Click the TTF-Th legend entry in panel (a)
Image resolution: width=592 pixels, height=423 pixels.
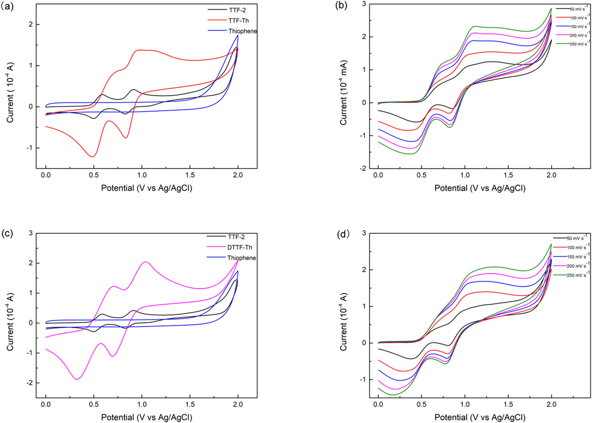[238, 20]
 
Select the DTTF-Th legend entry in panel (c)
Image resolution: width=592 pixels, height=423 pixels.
[239, 247]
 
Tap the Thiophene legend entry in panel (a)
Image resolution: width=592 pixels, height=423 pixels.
[242, 31]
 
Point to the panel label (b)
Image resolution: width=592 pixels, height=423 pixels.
[341, 6]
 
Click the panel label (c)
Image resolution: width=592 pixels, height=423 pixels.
[7, 233]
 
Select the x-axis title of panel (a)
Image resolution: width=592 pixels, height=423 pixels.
[147, 188]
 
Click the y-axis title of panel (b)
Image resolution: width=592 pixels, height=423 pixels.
[343, 93]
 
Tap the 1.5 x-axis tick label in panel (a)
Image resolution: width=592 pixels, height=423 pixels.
[190, 175]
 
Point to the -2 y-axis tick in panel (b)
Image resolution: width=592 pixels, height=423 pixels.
[363, 168]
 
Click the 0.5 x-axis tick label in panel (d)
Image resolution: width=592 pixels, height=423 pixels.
[422, 404]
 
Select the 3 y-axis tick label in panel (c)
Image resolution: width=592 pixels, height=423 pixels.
[30, 233]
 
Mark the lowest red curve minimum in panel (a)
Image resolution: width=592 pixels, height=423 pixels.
[93, 157]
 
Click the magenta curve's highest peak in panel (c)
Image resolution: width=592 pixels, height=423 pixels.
[146, 262]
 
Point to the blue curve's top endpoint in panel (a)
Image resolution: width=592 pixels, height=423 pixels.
[238, 35]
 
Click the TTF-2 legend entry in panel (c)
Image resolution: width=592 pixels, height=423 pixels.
[236, 237]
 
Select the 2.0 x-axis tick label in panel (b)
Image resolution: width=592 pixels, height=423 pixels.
[551, 175]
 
